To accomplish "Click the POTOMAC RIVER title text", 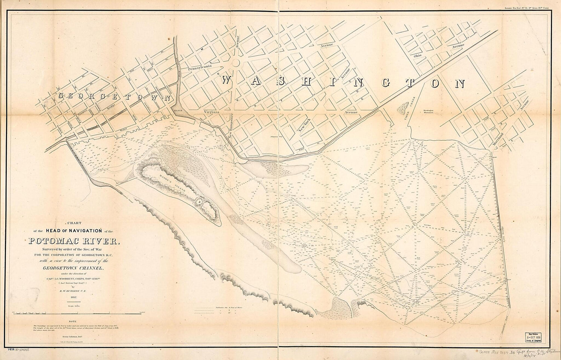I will (x=73, y=241).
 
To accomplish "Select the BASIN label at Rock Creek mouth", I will (x=177, y=111).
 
